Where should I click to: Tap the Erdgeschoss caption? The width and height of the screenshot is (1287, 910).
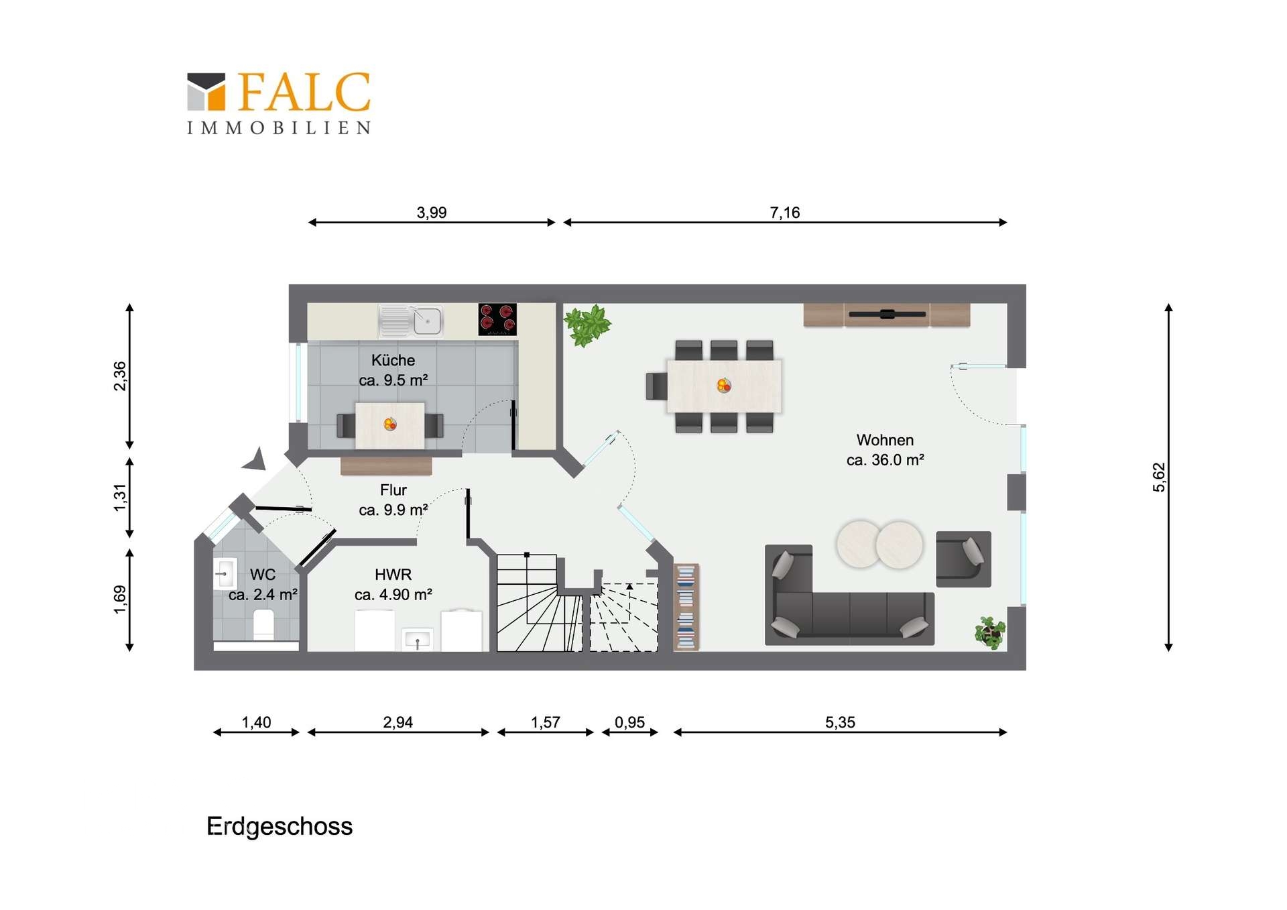(280, 827)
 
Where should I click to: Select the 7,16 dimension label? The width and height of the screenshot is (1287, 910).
(785, 213)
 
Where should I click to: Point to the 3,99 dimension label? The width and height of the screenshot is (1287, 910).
(432, 213)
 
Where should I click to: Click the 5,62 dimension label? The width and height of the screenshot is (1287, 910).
(1159, 477)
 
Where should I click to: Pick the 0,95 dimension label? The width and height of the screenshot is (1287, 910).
(629, 722)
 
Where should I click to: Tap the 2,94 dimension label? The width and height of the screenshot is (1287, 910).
(397, 722)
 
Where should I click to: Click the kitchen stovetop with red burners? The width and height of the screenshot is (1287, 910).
(497, 319)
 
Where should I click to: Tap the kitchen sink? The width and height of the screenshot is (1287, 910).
(411, 321)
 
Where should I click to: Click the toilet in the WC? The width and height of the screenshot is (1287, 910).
(264, 625)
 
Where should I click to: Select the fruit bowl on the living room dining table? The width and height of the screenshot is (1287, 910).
(724, 385)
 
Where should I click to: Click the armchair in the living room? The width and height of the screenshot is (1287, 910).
(963, 559)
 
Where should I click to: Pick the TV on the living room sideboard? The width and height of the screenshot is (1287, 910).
(887, 314)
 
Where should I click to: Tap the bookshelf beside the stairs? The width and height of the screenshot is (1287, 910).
(686, 607)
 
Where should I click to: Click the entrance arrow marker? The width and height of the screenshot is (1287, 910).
(255, 459)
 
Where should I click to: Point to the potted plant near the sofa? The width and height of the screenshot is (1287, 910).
(990, 632)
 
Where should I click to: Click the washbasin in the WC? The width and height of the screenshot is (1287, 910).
(225, 574)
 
